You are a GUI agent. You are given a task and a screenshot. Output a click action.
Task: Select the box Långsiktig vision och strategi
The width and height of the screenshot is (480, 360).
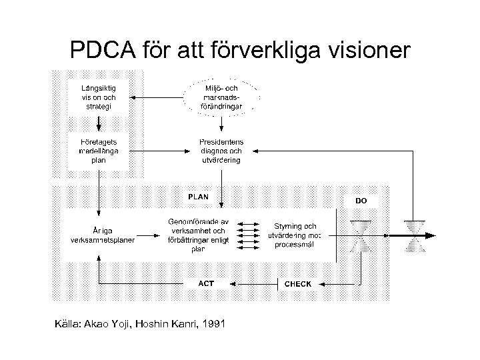(99, 97)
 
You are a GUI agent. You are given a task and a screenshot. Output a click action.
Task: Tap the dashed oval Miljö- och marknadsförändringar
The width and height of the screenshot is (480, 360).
(221, 97)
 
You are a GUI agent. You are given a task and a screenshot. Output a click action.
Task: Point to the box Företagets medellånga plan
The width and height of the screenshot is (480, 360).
(99, 151)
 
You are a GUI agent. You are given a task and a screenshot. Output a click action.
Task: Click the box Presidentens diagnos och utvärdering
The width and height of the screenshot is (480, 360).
(221, 151)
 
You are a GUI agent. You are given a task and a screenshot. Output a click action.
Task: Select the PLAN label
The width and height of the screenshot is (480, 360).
(198, 197)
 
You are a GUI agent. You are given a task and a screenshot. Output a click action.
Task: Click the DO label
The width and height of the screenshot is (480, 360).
(361, 200)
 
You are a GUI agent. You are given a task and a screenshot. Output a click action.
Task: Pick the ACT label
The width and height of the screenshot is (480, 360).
(207, 283)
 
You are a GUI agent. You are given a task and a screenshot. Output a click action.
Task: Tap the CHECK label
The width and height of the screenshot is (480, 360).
(297, 284)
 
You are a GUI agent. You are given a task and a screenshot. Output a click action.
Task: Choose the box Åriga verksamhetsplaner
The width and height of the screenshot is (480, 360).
(98, 235)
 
